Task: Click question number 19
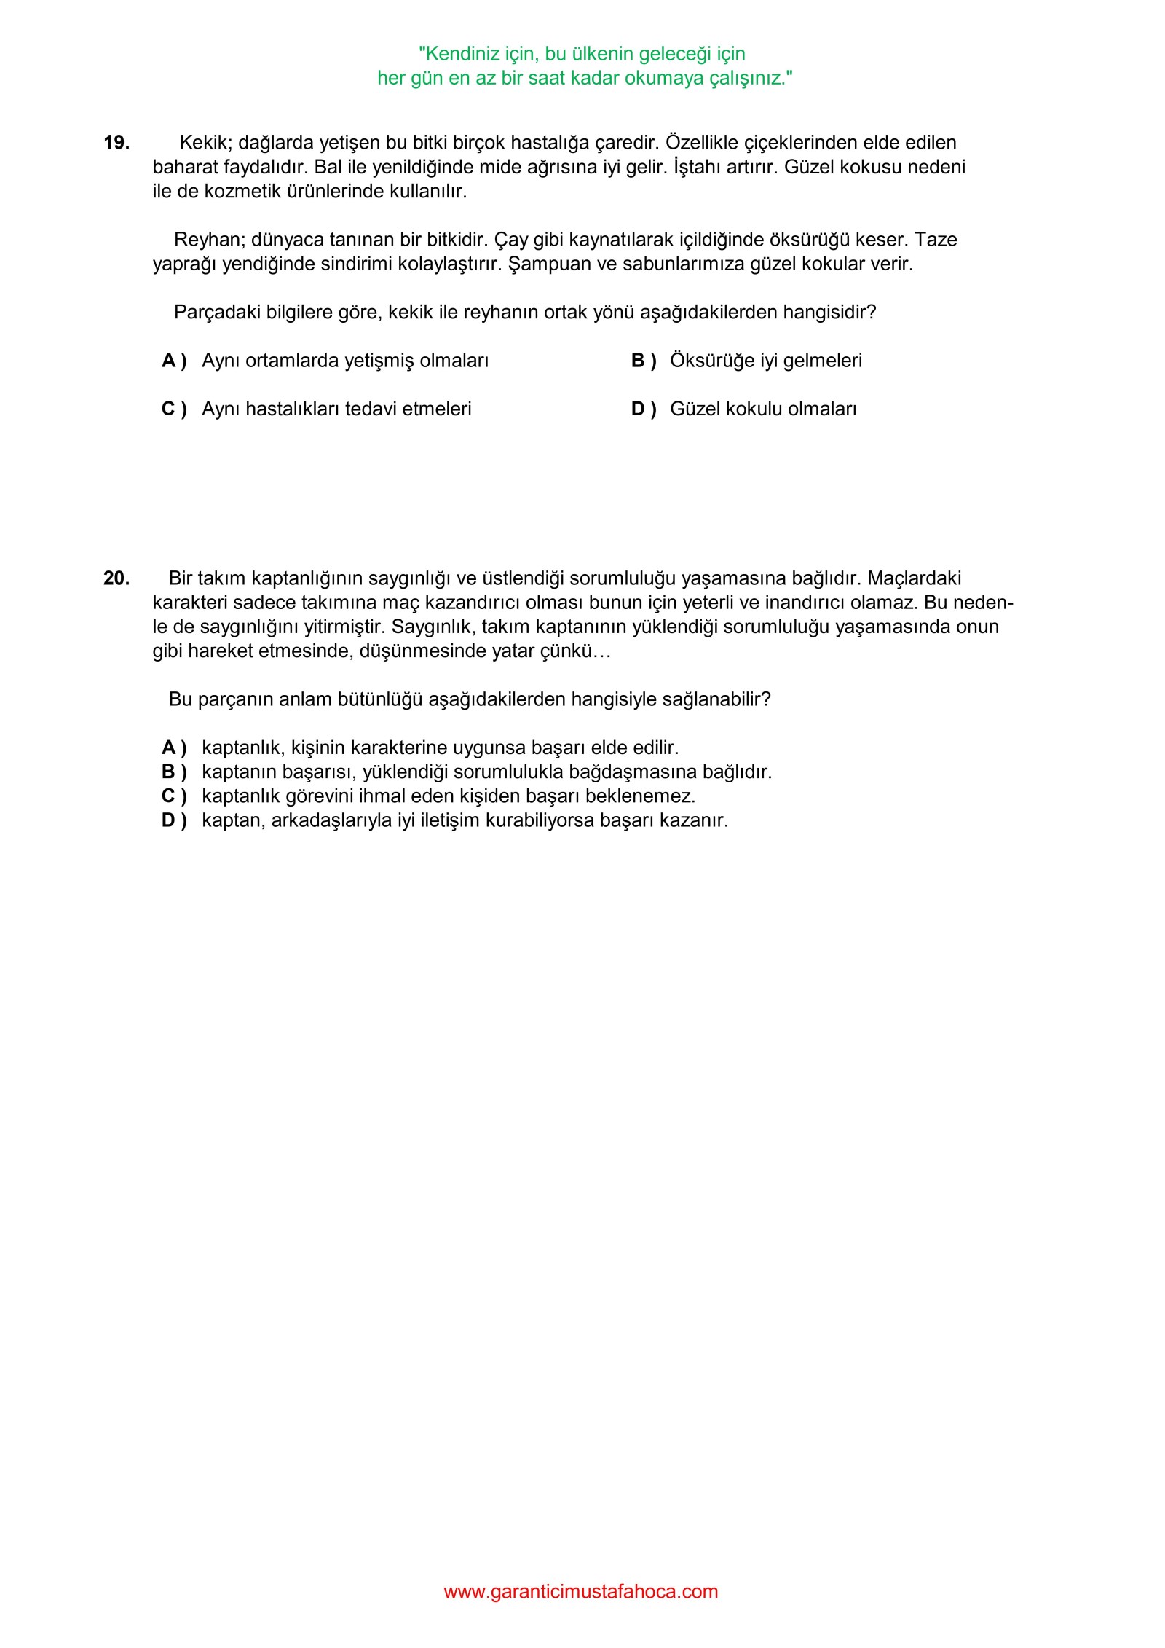pos(116,143)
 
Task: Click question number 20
pos(116,578)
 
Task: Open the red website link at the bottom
pos(581,1591)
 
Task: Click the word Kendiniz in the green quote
pos(462,54)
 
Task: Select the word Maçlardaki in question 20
pos(915,578)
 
